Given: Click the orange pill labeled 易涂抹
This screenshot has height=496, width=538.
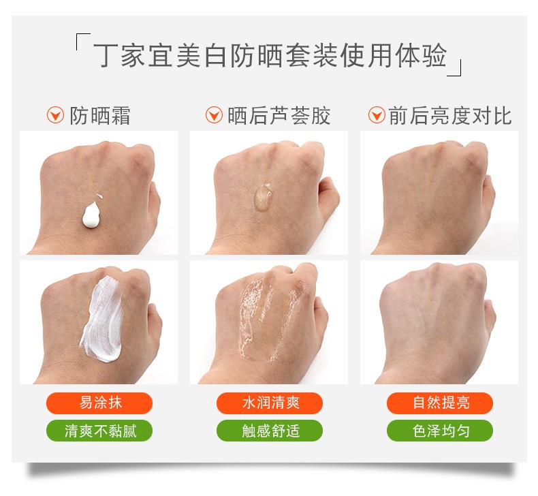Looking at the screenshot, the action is pyautogui.click(x=99, y=403).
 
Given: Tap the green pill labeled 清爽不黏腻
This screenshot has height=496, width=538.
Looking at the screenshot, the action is pyautogui.click(x=99, y=431).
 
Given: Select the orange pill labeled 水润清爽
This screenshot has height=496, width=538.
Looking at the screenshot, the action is pyautogui.click(x=270, y=403).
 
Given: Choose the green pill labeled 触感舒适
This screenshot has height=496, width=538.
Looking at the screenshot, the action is pyautogui.click(x=270, y=431).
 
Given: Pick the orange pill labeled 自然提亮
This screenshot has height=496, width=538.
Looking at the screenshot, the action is pyautogui.click(x=440, y=403).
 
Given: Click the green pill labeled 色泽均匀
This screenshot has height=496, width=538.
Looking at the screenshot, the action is pyautogui.click(x=440, y=431).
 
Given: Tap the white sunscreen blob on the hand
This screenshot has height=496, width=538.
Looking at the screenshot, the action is pyautogui.click(x=92, y=215).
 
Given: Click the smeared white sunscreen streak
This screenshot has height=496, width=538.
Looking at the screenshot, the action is pyautogui.click(x=102, y=320).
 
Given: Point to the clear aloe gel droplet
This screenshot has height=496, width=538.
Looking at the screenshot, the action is pyautogui.click(x=263, y=197).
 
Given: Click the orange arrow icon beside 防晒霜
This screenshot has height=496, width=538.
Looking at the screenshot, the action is pyautogui.click(x=55, y=115).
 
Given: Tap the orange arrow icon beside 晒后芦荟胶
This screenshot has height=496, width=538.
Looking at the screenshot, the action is pyautogui.click(x=214, y=115).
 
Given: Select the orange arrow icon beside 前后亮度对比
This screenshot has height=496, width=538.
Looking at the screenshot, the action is pyautogui.click(x=377, y=115).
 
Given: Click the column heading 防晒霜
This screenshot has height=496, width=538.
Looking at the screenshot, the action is pyautogui.click(x=100, y=116).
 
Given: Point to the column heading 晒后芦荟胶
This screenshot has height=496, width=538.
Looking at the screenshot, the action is pyautogui.click(x=279, y=116).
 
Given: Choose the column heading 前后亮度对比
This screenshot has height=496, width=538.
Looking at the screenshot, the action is pyautogui.click(x=450, y=116).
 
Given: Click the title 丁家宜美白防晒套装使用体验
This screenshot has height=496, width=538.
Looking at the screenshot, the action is pyautogui.click(x=270, y=56).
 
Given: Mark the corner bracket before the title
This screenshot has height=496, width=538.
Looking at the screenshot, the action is pyautogui.click(x=82, y=42).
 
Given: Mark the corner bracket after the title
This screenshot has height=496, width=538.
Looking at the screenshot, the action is pyautogui.click(x=455, y=67).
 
